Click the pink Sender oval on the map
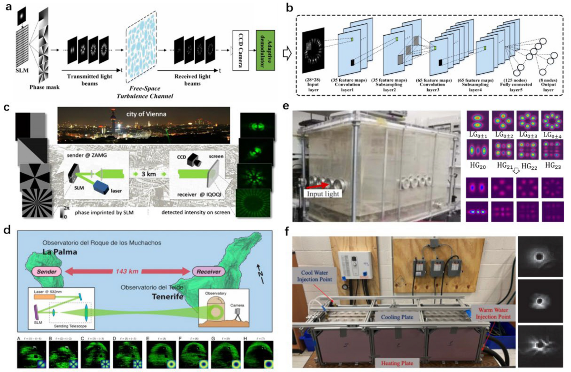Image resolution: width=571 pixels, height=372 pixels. coord(45,272)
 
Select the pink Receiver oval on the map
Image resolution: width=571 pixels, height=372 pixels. coord(208,272)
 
